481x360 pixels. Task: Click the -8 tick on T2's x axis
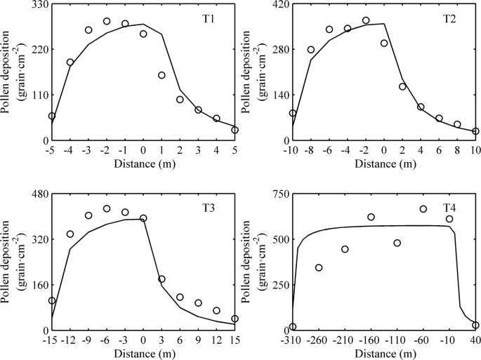coord(310,151)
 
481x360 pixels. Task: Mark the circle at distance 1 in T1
coord(162,75)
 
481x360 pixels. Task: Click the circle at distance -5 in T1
coord(52,116)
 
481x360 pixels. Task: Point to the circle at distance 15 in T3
coord(235,319)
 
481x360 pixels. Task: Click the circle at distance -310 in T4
coord(293,326)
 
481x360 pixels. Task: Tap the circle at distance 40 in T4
coord(475,325)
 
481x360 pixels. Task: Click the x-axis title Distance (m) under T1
coord(143,164)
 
